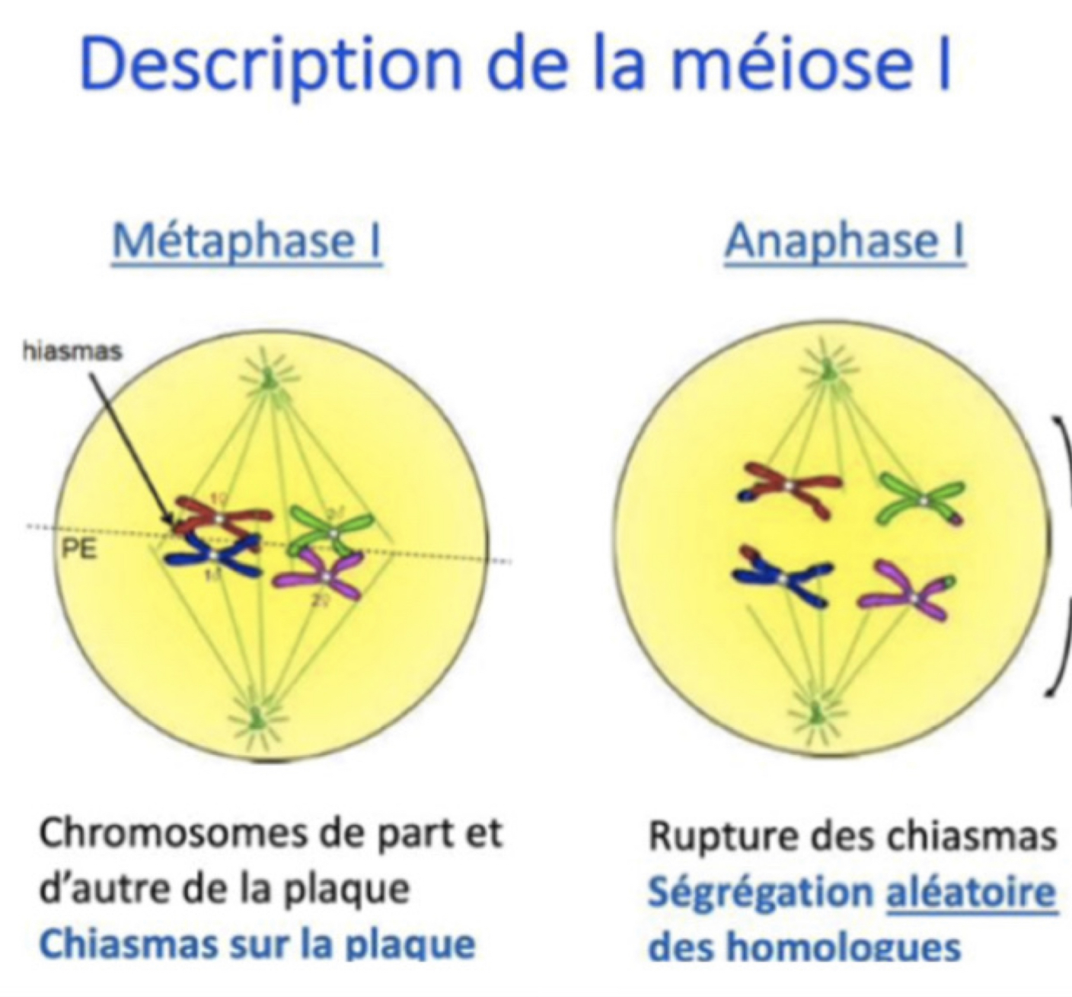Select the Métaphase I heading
click(x=247, y=242)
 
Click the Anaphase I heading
click(x=844, y=242)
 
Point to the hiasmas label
click(x=72, y=352)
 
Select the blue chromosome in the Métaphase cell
click(x=213, y=558)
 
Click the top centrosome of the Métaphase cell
click(x=267, y=376)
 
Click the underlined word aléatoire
click(x=971, y=892)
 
